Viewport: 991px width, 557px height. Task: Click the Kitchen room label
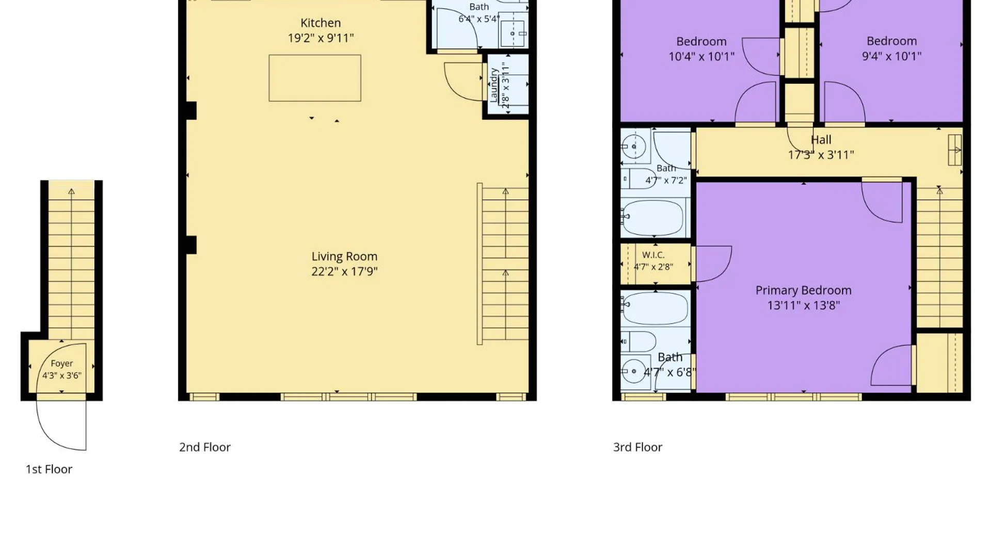[x=321, y=23]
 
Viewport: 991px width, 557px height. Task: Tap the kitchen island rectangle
[x=315, y=78]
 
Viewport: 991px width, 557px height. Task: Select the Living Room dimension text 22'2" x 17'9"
[x=344, y=271]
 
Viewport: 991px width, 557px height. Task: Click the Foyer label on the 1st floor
[x=62, y=364]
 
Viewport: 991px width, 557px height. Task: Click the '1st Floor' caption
[x=49, y=469]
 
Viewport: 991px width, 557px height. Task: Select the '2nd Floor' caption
[x=205, y=447]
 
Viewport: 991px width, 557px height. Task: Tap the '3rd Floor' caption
[x=637, y=447]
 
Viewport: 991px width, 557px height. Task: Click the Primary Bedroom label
[x=804, y=290]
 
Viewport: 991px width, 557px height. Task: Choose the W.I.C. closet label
[x=653, y=255]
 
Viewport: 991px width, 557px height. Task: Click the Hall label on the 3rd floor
[x=821, y=140]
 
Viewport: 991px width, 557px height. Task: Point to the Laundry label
[x=494, y=85]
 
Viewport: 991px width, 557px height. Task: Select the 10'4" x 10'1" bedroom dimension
[x=701, y=56]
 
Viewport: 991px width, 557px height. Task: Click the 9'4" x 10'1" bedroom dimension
[x=891, y=56]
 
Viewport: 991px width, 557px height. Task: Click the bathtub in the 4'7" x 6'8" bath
[x=654, y=307]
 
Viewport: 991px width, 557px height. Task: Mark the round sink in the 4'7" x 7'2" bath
[x=634, y=146]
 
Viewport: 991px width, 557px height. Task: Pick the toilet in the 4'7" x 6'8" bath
[x=638, y=341]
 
